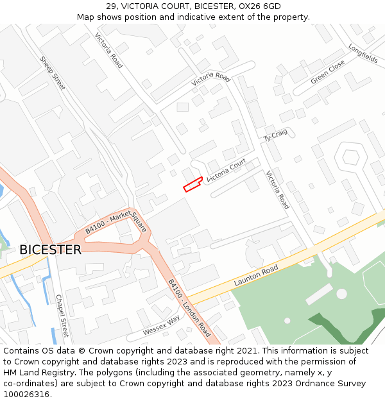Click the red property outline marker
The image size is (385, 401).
pyautogui.click(x=193, y=185)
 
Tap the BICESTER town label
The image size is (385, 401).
pyautogui.click(x=50, y=250)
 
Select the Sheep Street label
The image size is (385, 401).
pyautogui.click(x=53, y=73)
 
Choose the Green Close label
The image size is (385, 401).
pyautogui.click(x=328, y=73)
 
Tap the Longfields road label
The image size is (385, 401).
pyautogui.click(x=363, y=53)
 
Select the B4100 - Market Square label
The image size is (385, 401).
pyautogui.click(x=116, y=223)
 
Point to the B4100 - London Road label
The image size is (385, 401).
pyautogui.click(x=189, y=307)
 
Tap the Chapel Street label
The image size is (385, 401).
pyautogui.click(x=62, y=316)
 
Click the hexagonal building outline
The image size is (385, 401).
pyautogui.click(x=350, y=158)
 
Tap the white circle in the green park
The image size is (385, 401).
pyautogui.click(x=341, y=294)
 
